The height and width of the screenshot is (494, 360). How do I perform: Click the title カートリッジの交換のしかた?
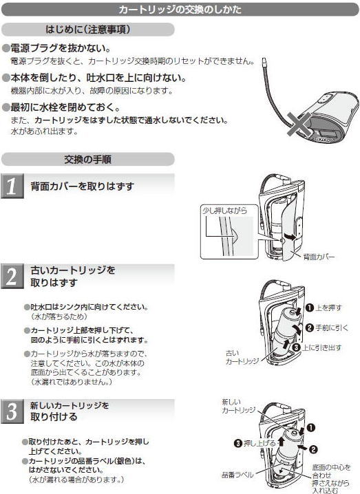coord(180,10)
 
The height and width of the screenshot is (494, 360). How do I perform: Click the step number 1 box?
coord(12,186)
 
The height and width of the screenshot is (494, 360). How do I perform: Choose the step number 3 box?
coord(12,411)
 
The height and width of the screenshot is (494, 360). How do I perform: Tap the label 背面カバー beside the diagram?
coord(319,257)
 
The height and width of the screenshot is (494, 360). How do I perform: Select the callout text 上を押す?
coord(330,307)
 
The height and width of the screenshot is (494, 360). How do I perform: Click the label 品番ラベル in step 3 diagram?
coord(237,475)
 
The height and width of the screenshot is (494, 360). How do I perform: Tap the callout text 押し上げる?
coord(261,442)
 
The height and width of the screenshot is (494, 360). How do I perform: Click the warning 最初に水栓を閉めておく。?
coord(66,108)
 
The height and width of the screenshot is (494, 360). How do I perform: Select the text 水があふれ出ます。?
coord(43,131)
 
